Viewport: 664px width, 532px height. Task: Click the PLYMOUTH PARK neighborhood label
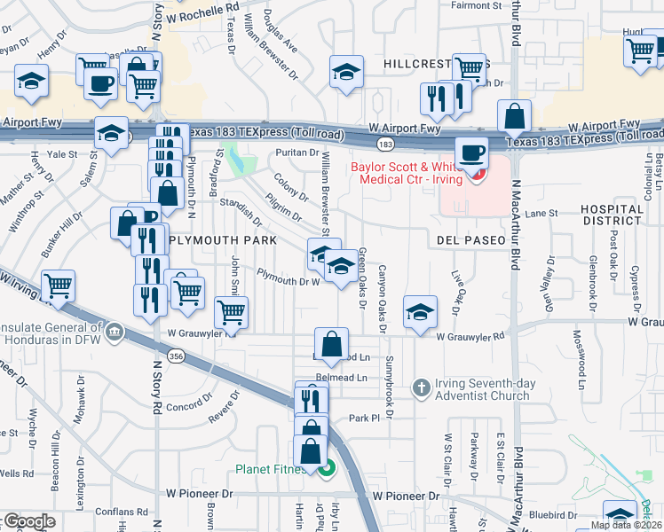(x=222, y=240)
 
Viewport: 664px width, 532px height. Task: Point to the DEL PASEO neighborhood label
(x=470, y=240)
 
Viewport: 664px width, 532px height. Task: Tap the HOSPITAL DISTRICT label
(x=612, y=215)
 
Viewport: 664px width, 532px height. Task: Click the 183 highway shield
(x=384, y=142)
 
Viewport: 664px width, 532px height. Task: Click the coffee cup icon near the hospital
(x=473, y=152)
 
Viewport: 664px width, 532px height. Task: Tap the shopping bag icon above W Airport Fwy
(x=515, y=115)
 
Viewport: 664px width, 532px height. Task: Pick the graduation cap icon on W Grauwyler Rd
(x=420, y=311)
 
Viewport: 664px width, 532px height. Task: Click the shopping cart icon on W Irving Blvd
(x=58, y=286)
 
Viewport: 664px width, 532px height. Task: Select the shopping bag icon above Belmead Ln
(x=331, y=344)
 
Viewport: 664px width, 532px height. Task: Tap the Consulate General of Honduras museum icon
(x=114, y=333)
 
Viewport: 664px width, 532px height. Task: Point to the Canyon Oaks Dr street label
(x=383, y=298)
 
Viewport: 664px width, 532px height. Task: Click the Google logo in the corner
(x=28, y=521)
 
